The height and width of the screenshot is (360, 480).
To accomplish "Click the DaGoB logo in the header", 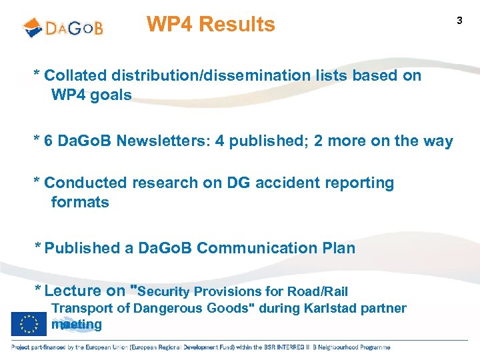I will coord(63,27).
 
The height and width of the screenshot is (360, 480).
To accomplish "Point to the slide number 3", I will coord(459,21).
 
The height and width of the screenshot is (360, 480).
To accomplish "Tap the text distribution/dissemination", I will coord(209,76).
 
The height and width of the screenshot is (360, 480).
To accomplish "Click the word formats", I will coord(80,202).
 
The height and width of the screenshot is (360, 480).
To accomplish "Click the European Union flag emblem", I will coord(29,324).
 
